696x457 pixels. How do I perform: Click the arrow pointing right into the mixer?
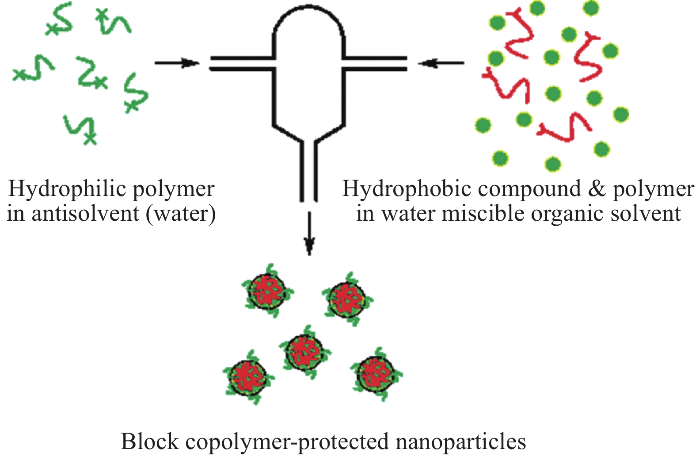click(177, 63)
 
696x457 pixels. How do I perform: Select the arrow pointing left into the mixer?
click(441, 63)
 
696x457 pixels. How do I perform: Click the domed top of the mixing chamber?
click(309, 18)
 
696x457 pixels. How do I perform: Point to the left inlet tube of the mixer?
click(241, 64)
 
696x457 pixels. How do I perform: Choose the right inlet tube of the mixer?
click(375, 64)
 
